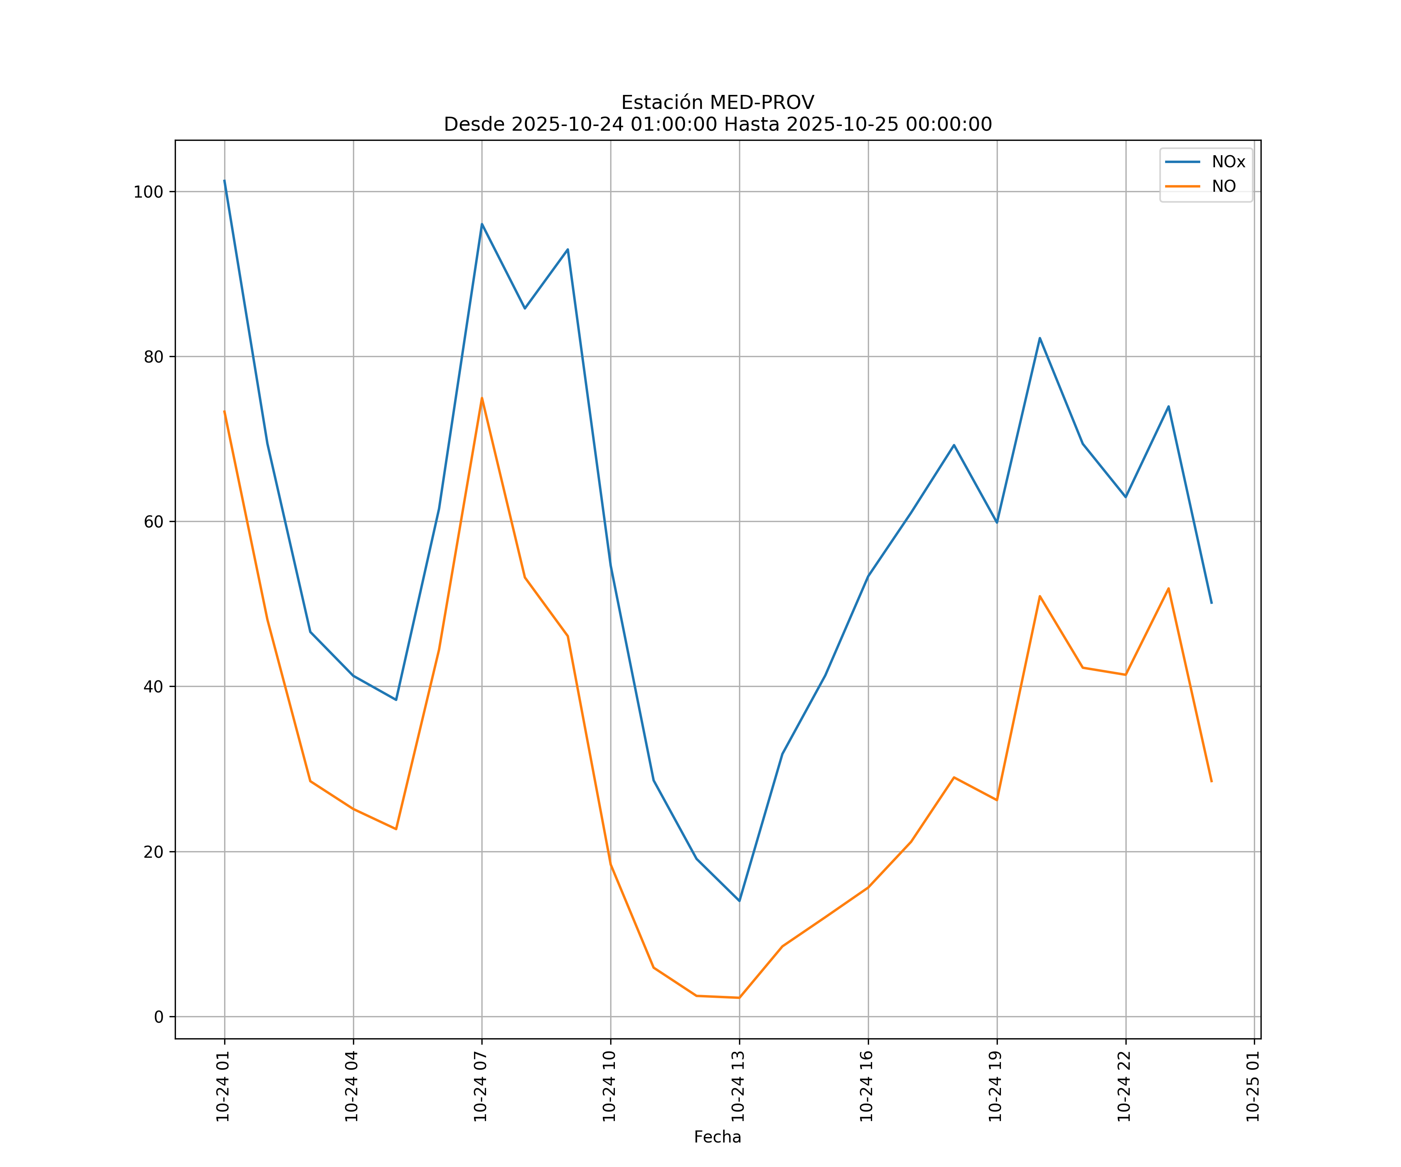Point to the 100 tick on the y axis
click(148, 192)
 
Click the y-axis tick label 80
click(153, 357)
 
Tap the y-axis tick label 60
click(153, 522)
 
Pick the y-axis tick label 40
click(153, 687)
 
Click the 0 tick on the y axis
click(159, 1017)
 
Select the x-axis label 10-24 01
click(223, 1086)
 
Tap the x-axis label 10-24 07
click(481, 1086)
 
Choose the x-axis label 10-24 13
click(739, 1086)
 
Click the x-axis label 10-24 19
click(996, 1086)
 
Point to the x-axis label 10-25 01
click(1254, 1086)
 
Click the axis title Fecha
click(717, 1137)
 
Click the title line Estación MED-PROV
click(717, 103)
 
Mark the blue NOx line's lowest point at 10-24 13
click(739, 901)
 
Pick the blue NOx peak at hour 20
click(1039, 338)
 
